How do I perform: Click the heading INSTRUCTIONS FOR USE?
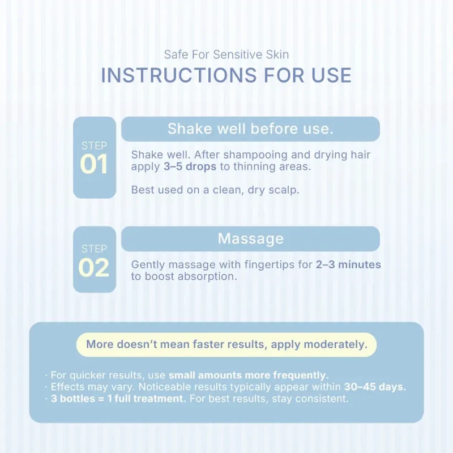pyautogui.click(x=226, y=75)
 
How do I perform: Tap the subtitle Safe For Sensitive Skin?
pyautogui.click(x=226, y=54)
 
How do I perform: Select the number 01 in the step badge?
pyautogui.click(x=94, y=164)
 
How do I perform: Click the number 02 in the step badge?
pyautogui.click(x=94, y=267)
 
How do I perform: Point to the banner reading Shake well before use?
pyautogui.click(x=250, y=129)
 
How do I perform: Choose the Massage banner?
pyautogui.click(x=250, y=238)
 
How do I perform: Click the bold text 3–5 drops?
pyautogui.click(x=190, y=166)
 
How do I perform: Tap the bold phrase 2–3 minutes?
pyautogui.click(x=348, y=264)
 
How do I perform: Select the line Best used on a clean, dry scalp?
pyautogui.click(x=215, y=190)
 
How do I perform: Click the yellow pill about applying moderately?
pyautogui.click(x=226, y=344)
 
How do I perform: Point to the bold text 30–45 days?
pyautogui.click(x=375, y=387)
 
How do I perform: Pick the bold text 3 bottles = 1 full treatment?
pyautogui.click(x=118, y=399)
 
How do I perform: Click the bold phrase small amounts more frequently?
pyautogui.click(x=249, y=375)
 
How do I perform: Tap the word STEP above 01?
pyautogui.click(x=94, y=146)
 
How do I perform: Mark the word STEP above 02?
pyautogui.click(x=94, y=249)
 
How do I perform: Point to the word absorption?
pyautogui.click(x=207, y=277)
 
